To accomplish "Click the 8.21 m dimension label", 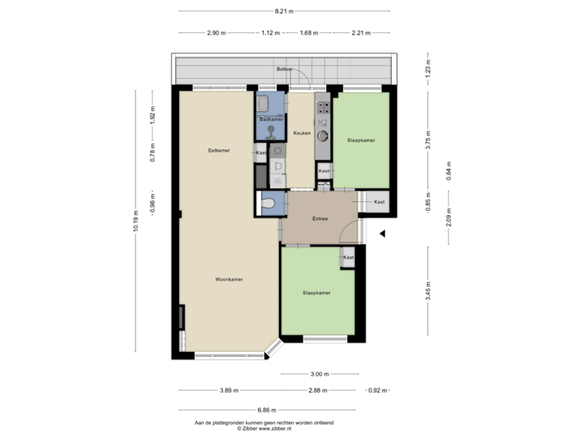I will click(x=283, y=11).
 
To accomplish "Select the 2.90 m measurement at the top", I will click(x=216, y=33).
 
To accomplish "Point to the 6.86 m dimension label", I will click(x=267, y=410).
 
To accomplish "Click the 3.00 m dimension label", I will click(x=320, y=374).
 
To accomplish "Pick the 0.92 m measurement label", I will click(x=374, y=390).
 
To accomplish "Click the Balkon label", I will click(x=283, y=69).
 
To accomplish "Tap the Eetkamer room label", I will click(x=217, y=150).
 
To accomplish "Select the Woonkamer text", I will click(x=230, y=279).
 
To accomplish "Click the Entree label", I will click(x=320, y=219).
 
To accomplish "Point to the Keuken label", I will click(x=303, y=134).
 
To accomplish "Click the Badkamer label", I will click(x=271, y=119).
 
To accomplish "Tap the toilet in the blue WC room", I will click(x=268, y=204).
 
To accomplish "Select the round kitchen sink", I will click(x=323, y=135).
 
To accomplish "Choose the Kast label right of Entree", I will click(x=380, y=201).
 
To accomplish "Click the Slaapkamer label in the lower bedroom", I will click(x=316, y=293).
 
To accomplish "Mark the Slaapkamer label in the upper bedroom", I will click(x=362, y=140).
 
